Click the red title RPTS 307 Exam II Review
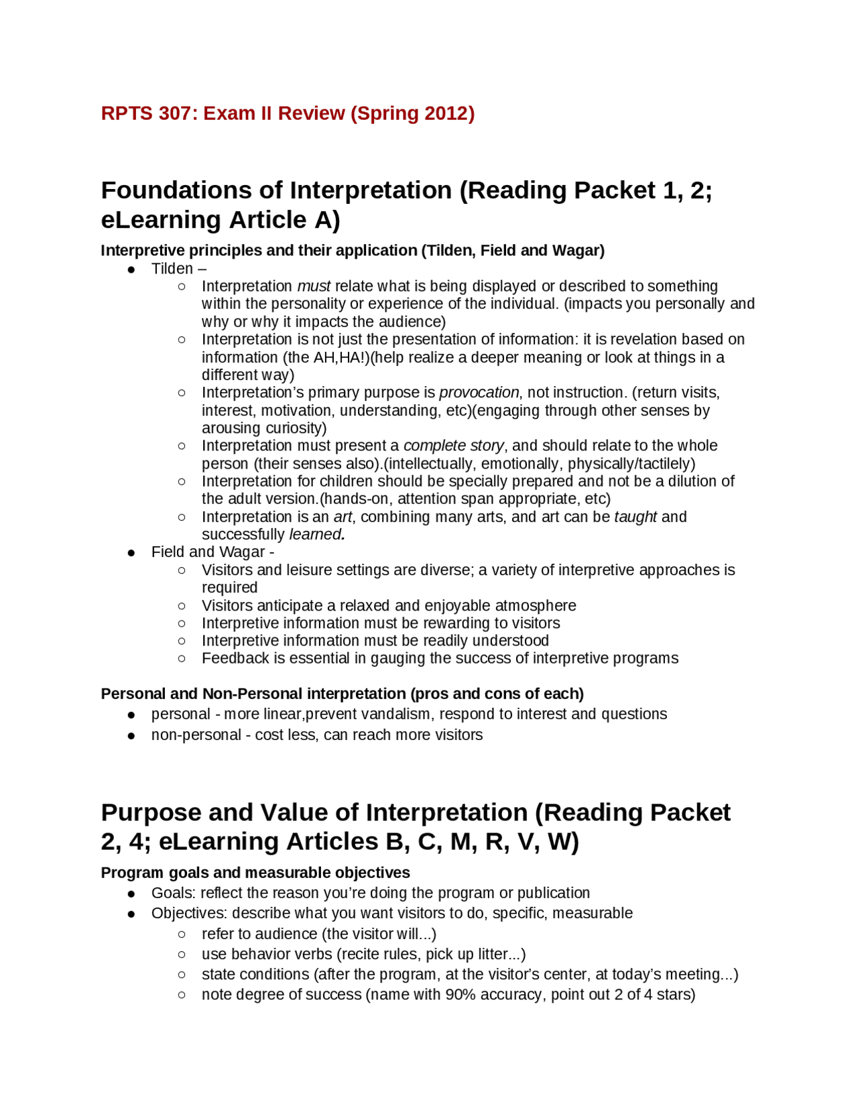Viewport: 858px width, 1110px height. click(287, 113)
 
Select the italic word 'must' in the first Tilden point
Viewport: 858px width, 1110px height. click(314, 286)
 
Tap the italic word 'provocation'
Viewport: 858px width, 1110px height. click(479, 392)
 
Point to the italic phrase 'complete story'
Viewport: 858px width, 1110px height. click(453, 446)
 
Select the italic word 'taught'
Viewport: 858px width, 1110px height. click(635, 517)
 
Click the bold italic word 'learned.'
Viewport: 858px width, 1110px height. click(317, 534)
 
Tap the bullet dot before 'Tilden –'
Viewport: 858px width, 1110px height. click(131, 269)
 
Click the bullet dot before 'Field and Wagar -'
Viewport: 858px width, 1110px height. click(131, 553)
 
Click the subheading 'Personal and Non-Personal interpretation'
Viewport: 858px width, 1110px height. click(342, 694)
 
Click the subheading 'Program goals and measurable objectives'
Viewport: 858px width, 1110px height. click(255, 873)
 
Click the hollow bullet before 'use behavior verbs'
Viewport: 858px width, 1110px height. click(182, 954)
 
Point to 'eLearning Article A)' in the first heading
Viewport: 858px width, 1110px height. click(221, 220)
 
